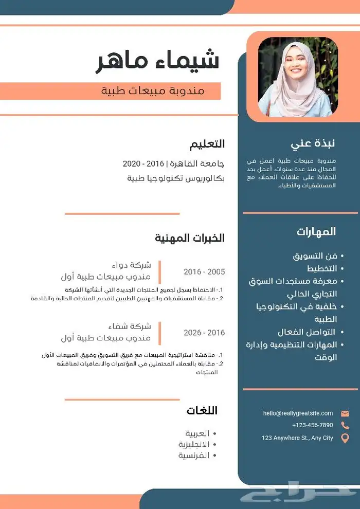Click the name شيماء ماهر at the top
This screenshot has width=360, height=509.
coord(158,61)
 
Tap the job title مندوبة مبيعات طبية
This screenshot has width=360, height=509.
coord(153,91)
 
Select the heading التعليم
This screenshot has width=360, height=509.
coord(207,144)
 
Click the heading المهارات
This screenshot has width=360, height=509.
coord(316,231)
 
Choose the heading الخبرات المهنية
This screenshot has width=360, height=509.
coord(190,238)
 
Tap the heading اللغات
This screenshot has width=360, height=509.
coord(202,410)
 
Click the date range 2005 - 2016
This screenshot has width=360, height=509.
coord(204,271)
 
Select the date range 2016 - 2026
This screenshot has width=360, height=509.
coord(204,333)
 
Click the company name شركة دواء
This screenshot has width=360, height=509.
coord(133,265)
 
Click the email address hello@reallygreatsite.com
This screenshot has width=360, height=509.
coord(298,413)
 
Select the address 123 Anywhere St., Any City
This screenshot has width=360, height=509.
coord(297,438)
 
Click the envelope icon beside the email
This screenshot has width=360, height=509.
coord(345,413)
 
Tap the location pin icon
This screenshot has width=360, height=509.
coord(345,438)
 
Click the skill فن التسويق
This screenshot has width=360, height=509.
coord(315,256)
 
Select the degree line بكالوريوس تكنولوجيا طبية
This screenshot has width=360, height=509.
coord(175,178)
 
